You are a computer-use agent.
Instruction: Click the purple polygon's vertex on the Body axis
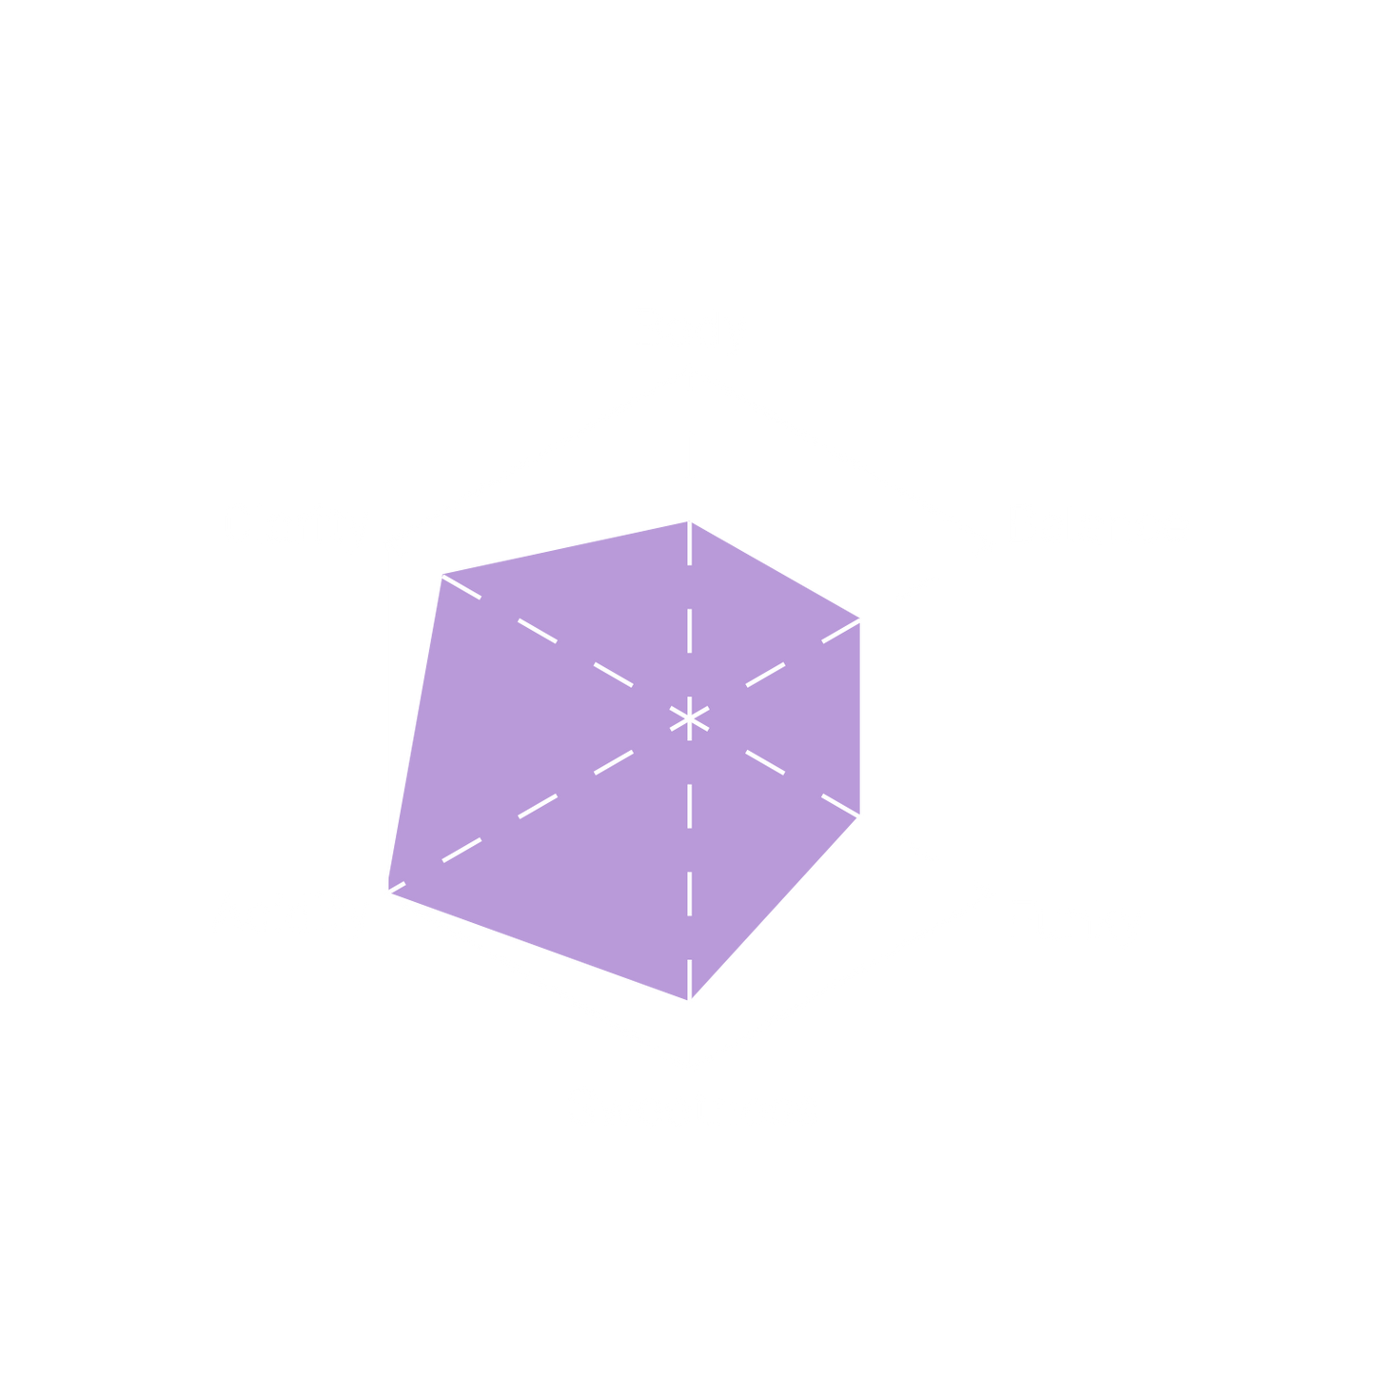690,520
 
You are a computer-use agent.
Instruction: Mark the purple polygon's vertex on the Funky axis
862,816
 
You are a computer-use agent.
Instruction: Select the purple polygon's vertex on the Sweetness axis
690,1001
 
